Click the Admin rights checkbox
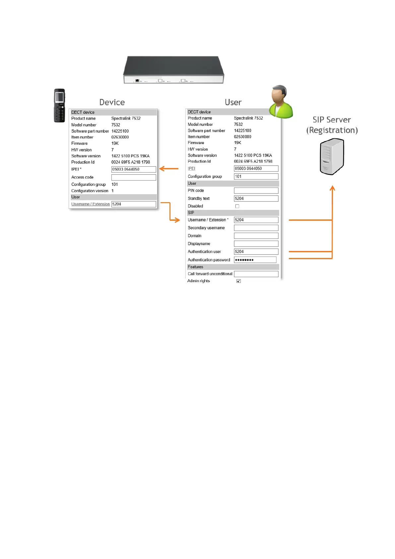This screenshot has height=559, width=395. tap(238, 281)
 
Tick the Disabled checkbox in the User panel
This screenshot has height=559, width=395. tap(237, 206)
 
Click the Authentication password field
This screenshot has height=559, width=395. tap(255, 260)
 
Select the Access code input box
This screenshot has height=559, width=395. tap(134, 178)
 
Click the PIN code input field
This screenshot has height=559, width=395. tap(256, 191)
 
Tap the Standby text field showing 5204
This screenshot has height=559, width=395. tap(256, 199)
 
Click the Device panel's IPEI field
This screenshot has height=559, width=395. tap(134, 169)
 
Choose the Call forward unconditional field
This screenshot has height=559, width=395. tap(256, 274)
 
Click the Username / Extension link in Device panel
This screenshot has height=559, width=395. tap(91, 204)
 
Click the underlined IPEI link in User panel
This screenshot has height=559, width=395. tap(191, 169)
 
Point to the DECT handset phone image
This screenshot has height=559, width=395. tap(60, 106)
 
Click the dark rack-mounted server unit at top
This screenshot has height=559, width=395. tap(173, 70)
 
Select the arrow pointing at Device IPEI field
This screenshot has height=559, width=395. tap(168, 169)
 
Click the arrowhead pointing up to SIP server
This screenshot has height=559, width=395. tap(332, 188)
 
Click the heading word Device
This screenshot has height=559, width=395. tap(112, 102)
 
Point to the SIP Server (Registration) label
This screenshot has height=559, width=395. tap(332, 125)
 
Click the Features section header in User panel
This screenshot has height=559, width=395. tap(195, 267)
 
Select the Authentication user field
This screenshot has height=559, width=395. tap(256, 252)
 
